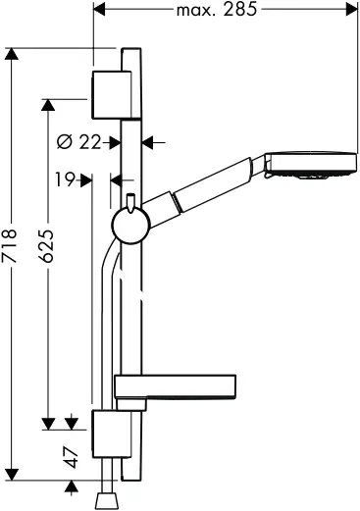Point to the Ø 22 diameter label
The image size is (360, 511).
click(80, 142)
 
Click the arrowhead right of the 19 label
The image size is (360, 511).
click(87, 179)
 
